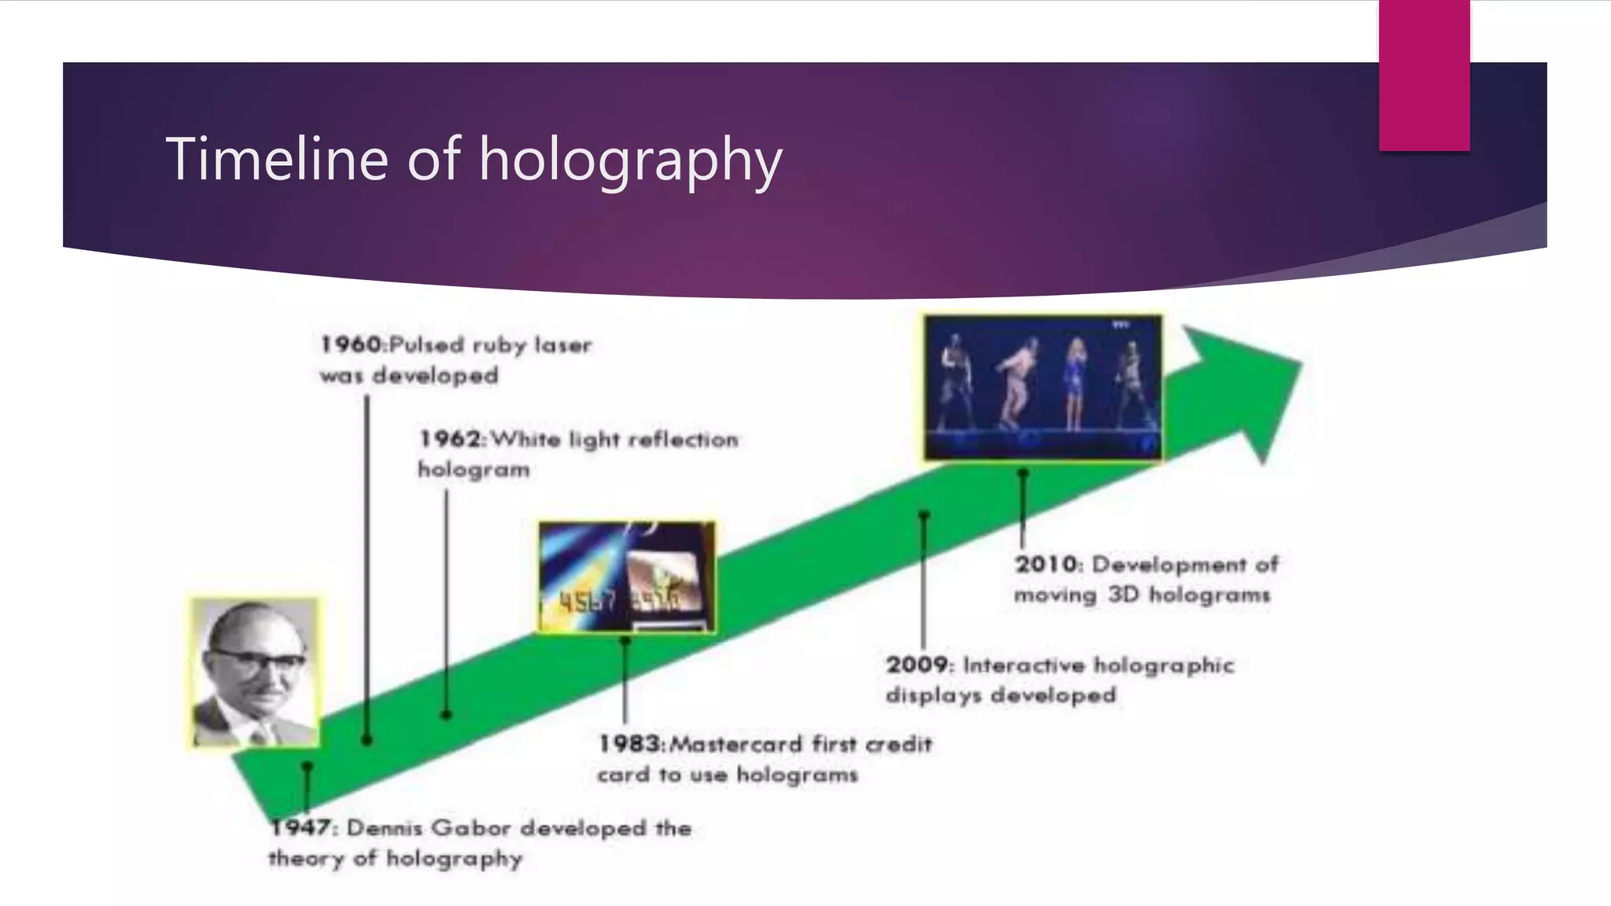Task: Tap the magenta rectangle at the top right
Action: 1424,75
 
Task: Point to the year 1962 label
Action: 451,439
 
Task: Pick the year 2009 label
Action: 917,665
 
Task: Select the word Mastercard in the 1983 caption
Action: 737,744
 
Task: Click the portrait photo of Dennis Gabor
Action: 255,673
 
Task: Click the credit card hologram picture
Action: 626,577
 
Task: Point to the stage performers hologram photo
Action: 1042,388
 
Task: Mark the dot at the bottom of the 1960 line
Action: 367,740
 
